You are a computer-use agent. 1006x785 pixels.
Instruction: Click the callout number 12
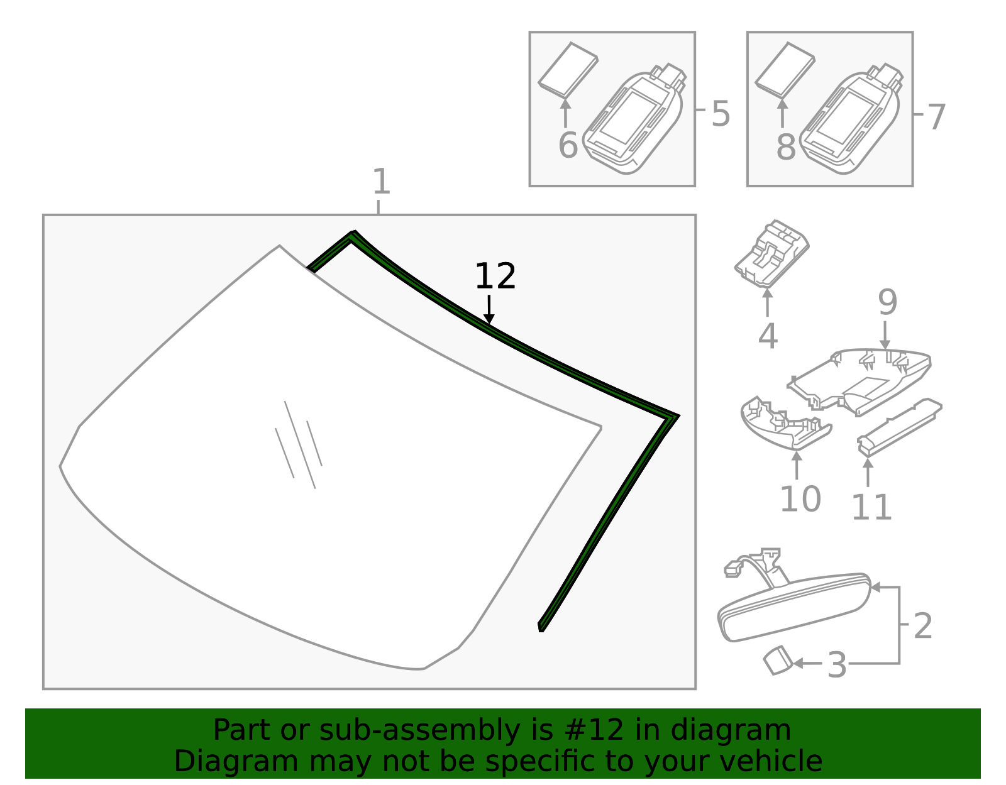(x=495, y=277)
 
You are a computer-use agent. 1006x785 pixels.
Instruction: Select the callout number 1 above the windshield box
(x=381, y=182)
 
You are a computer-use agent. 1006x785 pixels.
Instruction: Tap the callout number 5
(x=721, y=114)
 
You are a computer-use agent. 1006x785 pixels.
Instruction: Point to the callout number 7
(x=936, y=118)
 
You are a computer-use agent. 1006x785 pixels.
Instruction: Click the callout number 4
(x=768, y=336)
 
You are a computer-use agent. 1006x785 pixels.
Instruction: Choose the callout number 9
(x=887, y=302)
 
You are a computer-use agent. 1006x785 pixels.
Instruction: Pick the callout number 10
(x=800, y=499)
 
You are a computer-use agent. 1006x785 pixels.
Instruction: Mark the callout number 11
(x=871, y=507)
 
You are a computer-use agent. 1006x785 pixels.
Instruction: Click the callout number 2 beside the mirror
(x=922, y=626)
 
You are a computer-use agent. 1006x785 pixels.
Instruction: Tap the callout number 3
(x=837, y=665)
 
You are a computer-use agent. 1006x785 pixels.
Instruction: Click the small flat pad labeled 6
(x=567, y=69)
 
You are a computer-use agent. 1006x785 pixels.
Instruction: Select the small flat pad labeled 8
(x=785, y=69)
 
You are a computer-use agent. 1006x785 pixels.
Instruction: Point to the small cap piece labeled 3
(x=777, y=661)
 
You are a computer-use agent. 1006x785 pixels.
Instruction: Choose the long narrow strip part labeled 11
(x=899, y=425)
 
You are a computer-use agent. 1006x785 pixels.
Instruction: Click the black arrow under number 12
(x=489, y=310)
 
